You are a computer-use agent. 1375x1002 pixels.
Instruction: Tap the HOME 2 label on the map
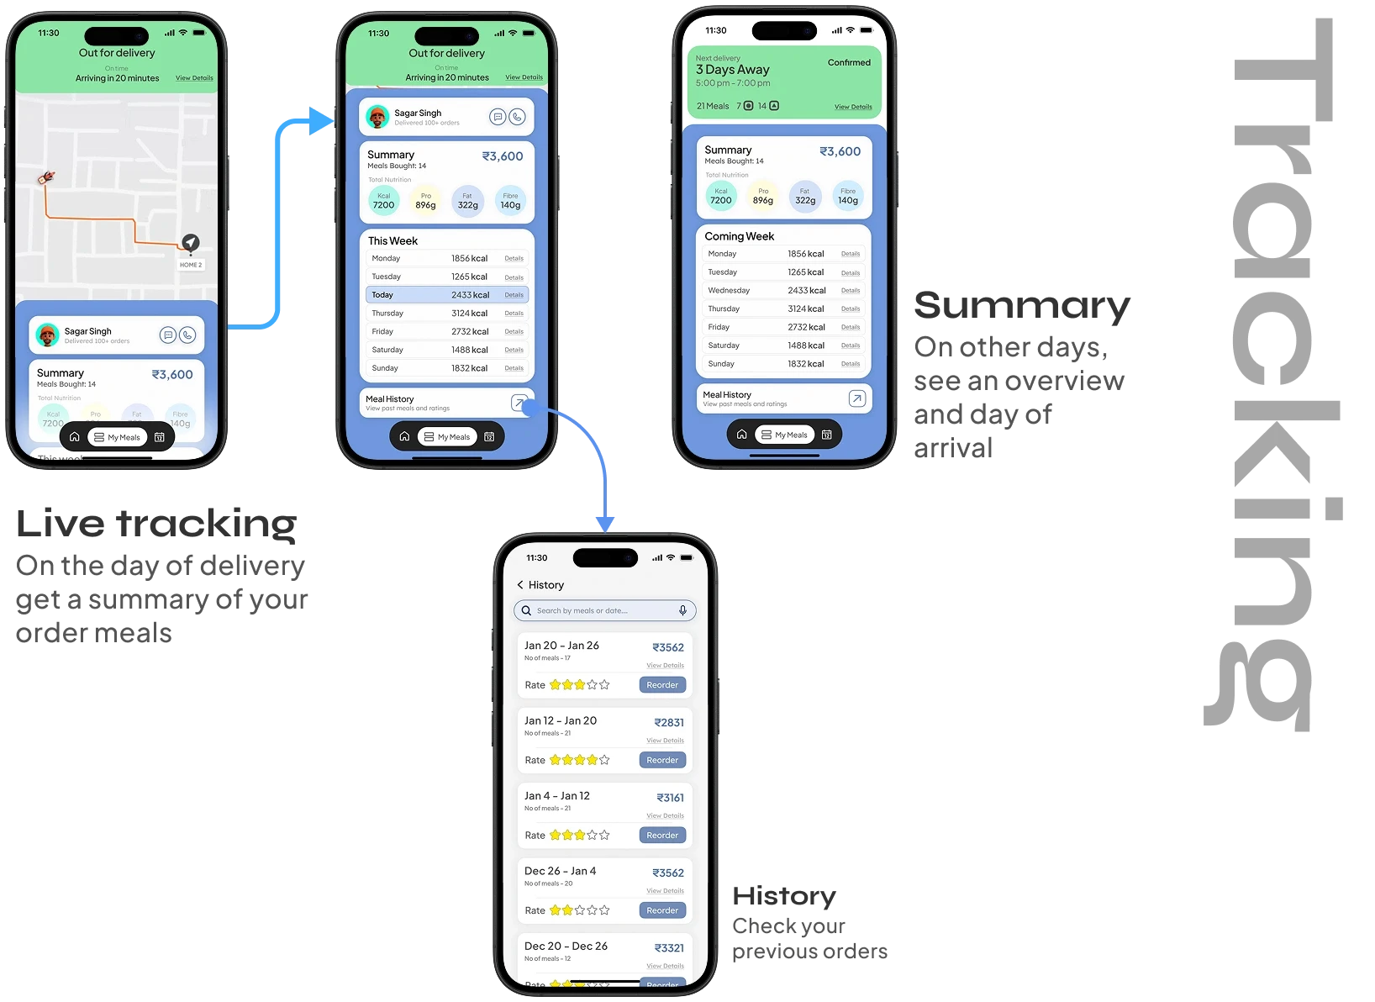click(191, 265)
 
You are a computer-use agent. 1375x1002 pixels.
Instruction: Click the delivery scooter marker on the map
click(46, 177)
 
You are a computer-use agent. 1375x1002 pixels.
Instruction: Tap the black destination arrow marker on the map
click(191, 242)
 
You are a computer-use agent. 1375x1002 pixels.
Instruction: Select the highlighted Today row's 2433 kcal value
click(470, 295)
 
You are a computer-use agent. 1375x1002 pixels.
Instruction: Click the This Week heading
click(392, 240)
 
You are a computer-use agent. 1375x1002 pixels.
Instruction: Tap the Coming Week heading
click(739, 236)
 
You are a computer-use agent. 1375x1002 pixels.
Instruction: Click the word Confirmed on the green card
click(849, 62)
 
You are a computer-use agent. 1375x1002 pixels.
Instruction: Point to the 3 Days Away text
click(732, 70)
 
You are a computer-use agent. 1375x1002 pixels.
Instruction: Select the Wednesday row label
click(729, 290)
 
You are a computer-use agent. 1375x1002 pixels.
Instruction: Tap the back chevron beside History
click(520, 585)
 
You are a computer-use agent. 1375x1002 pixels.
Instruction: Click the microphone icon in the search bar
click(682, 610)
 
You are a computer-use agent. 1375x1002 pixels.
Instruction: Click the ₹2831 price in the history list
click(669, 722)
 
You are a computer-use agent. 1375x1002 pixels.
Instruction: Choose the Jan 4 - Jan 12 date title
click(556, 795)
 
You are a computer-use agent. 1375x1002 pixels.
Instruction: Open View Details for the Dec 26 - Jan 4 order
click(665, 890)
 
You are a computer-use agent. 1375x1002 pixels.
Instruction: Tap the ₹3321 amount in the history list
click(669, 947)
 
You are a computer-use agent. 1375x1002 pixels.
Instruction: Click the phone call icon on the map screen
click(187, 335)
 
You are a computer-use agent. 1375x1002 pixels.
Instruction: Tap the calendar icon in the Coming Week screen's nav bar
click(826, 435)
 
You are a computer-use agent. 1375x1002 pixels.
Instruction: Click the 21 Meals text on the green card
click(713, 106)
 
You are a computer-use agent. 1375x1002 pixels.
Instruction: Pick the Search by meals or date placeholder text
click(582, 610)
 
